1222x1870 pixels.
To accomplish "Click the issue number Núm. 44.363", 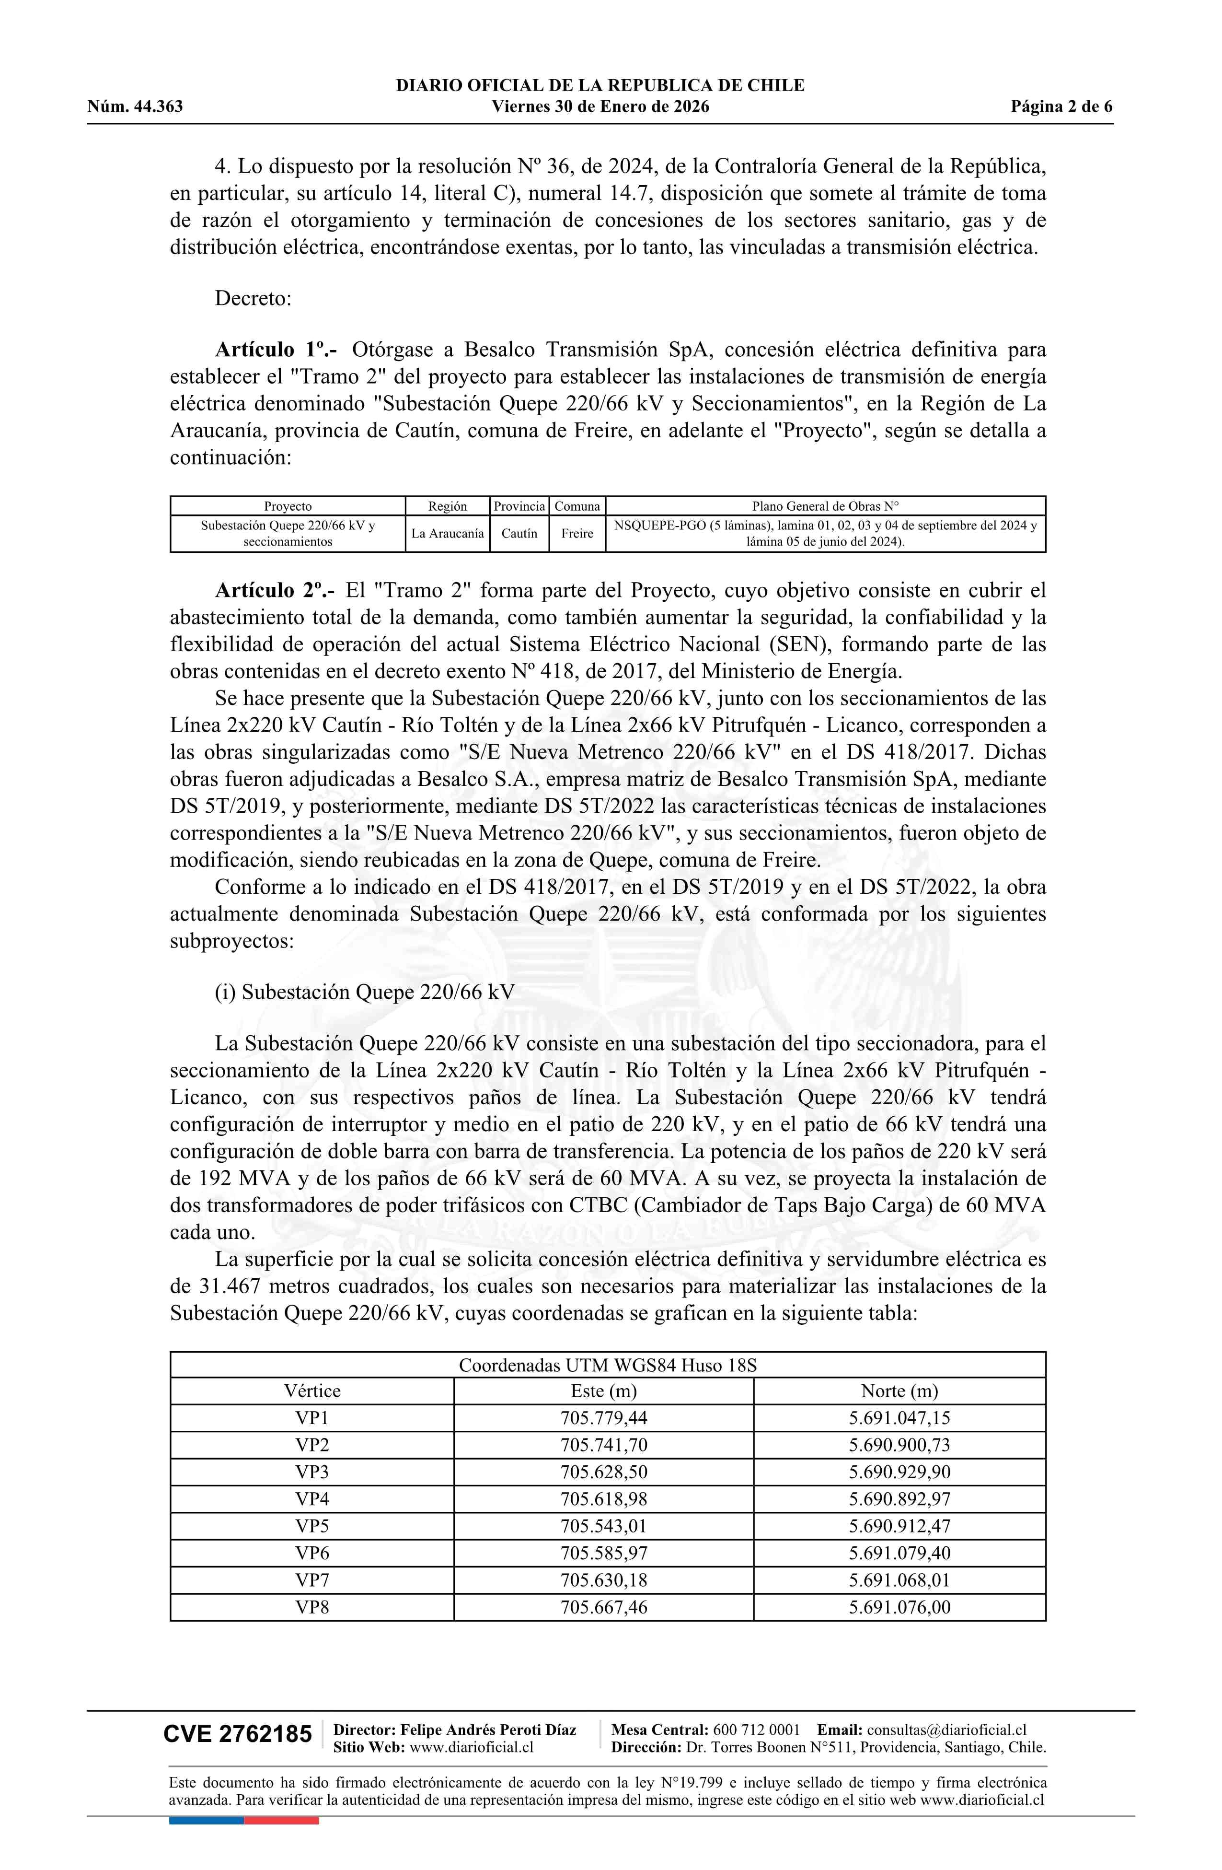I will tap(135, 107).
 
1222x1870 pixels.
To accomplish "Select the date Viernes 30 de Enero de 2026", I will tap(600, 107).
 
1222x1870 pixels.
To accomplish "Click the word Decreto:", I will tap(253, 299).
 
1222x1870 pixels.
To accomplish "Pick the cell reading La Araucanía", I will tap(448, 534).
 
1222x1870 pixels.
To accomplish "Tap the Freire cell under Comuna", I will tap(577, 534).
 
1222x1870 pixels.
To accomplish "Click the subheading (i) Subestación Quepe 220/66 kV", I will tap(364, 993).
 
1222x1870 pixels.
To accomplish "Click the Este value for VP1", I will tap(603, 1418).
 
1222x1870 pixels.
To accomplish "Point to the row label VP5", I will tap(312, 1526).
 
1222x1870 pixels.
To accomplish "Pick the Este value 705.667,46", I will tap(603, 1607).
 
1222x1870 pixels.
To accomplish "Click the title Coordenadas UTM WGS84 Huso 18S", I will tap(607, 1365).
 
